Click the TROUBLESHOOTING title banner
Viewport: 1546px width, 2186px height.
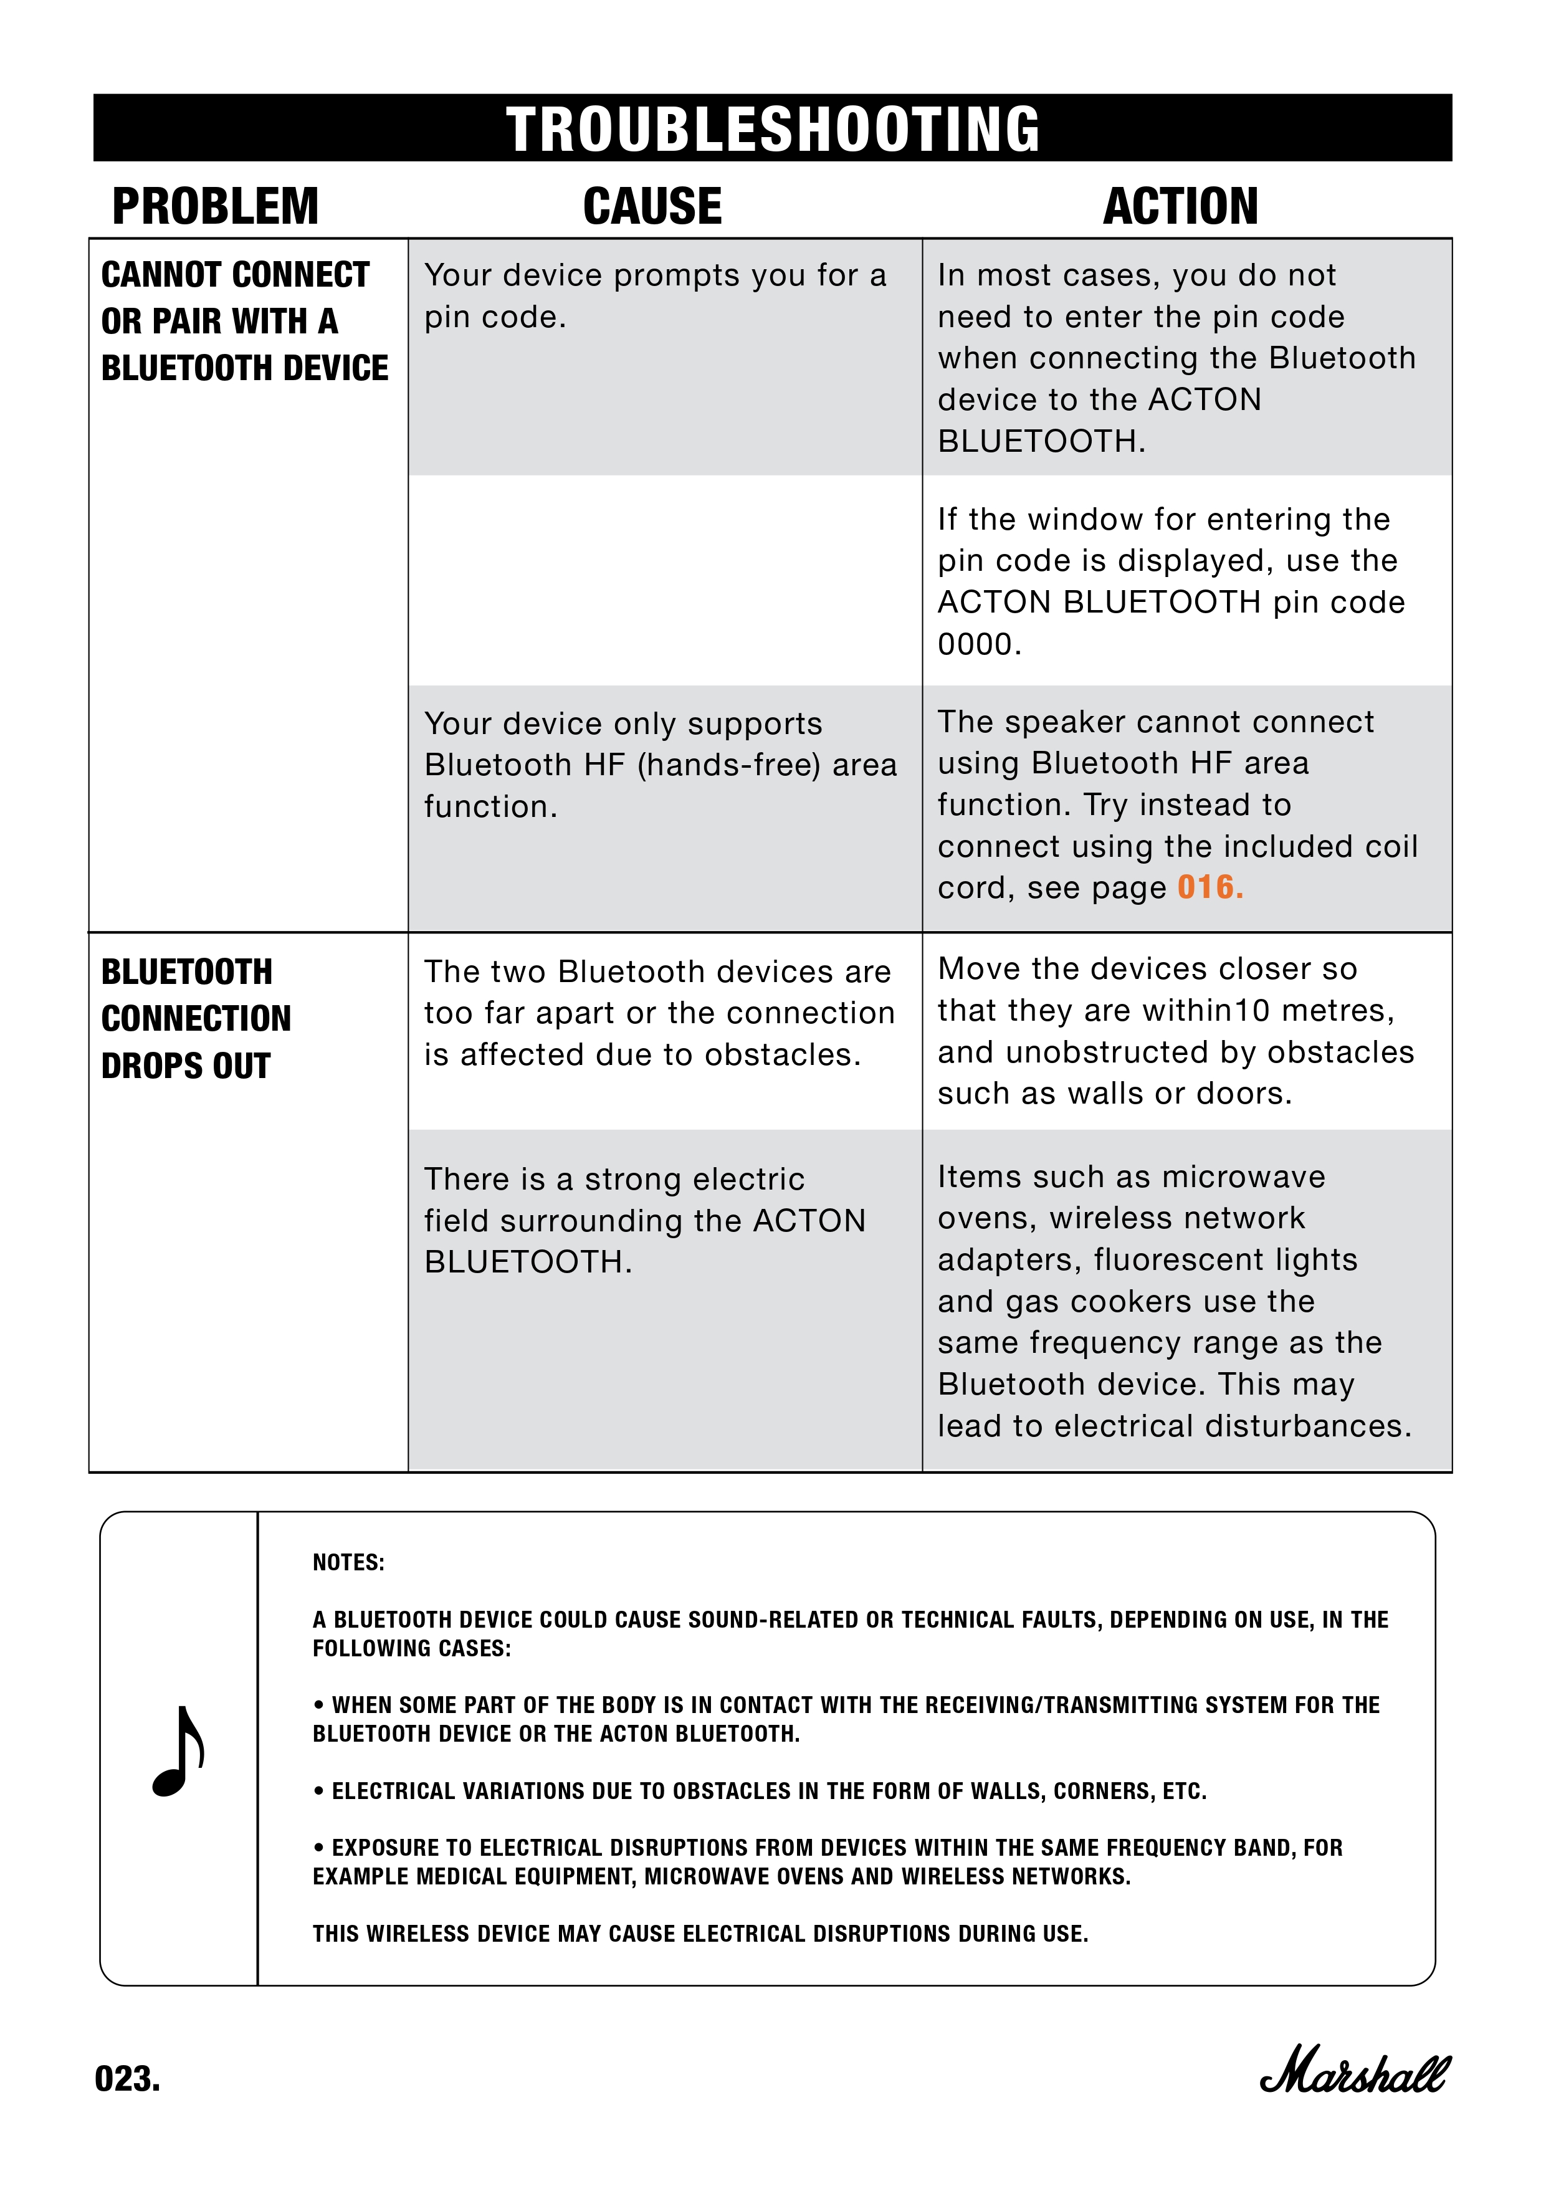[x=772, y=128]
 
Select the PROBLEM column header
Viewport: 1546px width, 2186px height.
[x=215, y=207]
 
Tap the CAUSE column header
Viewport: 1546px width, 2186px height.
[x=653, y=207]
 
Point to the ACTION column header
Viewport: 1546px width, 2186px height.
[x=1180, y=207]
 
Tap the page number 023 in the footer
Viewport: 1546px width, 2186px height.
[x=128, y=2078]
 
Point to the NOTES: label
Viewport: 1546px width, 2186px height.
[x=348, y=1562]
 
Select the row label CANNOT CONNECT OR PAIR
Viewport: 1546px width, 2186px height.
[x=244, y=321]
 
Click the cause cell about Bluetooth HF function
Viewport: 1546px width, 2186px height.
[x=661, y=765]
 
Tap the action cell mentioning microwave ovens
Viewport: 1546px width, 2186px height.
[x=1174, y=1301]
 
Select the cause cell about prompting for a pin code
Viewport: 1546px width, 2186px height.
[x=655, y=295]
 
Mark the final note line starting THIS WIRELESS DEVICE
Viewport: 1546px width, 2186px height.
[x=700, y=1934]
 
